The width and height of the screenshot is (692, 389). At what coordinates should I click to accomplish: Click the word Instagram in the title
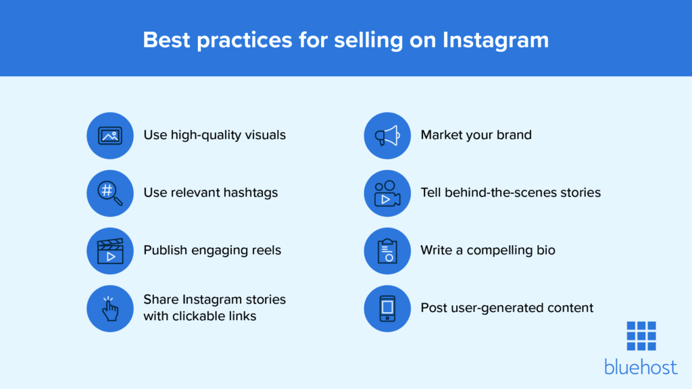click(x=495, y=40)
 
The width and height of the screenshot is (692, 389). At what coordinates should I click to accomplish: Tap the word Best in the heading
click(x=167, y=40)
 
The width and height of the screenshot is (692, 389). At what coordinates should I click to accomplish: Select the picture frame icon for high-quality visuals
click(x=110, y=135)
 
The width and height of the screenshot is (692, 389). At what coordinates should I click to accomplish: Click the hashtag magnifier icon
click(x=110, y=193)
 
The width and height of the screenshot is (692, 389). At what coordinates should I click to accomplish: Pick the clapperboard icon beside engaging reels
click(x=110, y=251)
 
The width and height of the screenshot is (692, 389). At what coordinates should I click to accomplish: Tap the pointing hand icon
click(x=110, y=308)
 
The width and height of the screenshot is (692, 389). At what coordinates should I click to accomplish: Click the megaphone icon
click(x=387, y=135)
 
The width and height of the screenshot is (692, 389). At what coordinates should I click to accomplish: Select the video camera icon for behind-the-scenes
click(x=387, y=193)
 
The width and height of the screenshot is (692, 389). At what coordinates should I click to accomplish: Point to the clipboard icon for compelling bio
click(x=387, y=251)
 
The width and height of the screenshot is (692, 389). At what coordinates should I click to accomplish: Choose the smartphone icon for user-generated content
click(x=387, y=308)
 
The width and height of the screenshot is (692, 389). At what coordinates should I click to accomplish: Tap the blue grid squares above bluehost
click(x=641, y=336)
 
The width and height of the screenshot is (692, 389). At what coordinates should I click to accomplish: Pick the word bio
click(x=544, y=250)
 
